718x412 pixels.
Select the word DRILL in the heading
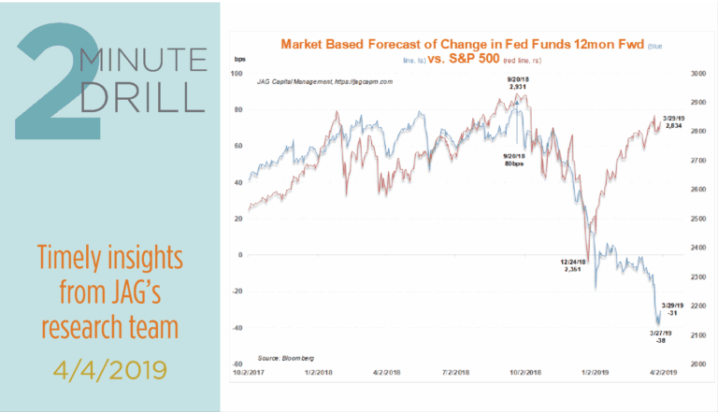coord(140,98)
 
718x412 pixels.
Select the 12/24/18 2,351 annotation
coord(571,265)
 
